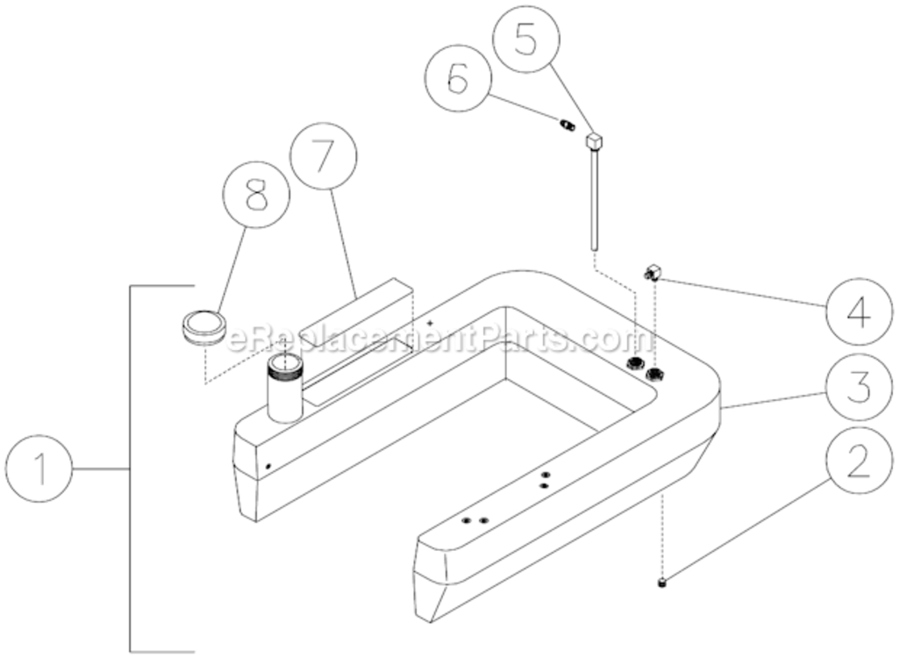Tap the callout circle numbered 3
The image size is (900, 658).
click(x=858, y=387)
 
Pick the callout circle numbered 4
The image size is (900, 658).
click(x=858, y=312)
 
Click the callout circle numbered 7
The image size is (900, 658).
click(x=324, y=157)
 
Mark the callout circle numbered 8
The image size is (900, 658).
click(x=255, y=197)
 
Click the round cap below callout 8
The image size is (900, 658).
click(x=203, y=325)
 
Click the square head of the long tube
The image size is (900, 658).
click(x=595, y=140)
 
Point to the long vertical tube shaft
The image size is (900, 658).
click(x=595, y=202)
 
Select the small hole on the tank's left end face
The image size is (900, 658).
click(x=269, y=466)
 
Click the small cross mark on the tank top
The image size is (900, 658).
click(x=430, y=323)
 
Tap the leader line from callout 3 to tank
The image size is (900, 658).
click(x=772, y=397)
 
